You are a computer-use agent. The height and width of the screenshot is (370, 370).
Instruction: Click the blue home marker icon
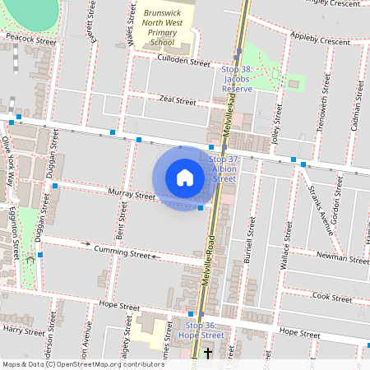[185, 178]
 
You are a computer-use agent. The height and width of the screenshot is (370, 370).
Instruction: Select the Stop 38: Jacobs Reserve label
[237, 78]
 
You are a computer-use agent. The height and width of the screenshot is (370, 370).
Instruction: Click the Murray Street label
[131, 195]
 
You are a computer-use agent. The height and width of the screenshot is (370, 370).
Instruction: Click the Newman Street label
[344, 258]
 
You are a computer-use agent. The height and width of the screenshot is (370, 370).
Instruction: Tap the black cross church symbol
[207, 354]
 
